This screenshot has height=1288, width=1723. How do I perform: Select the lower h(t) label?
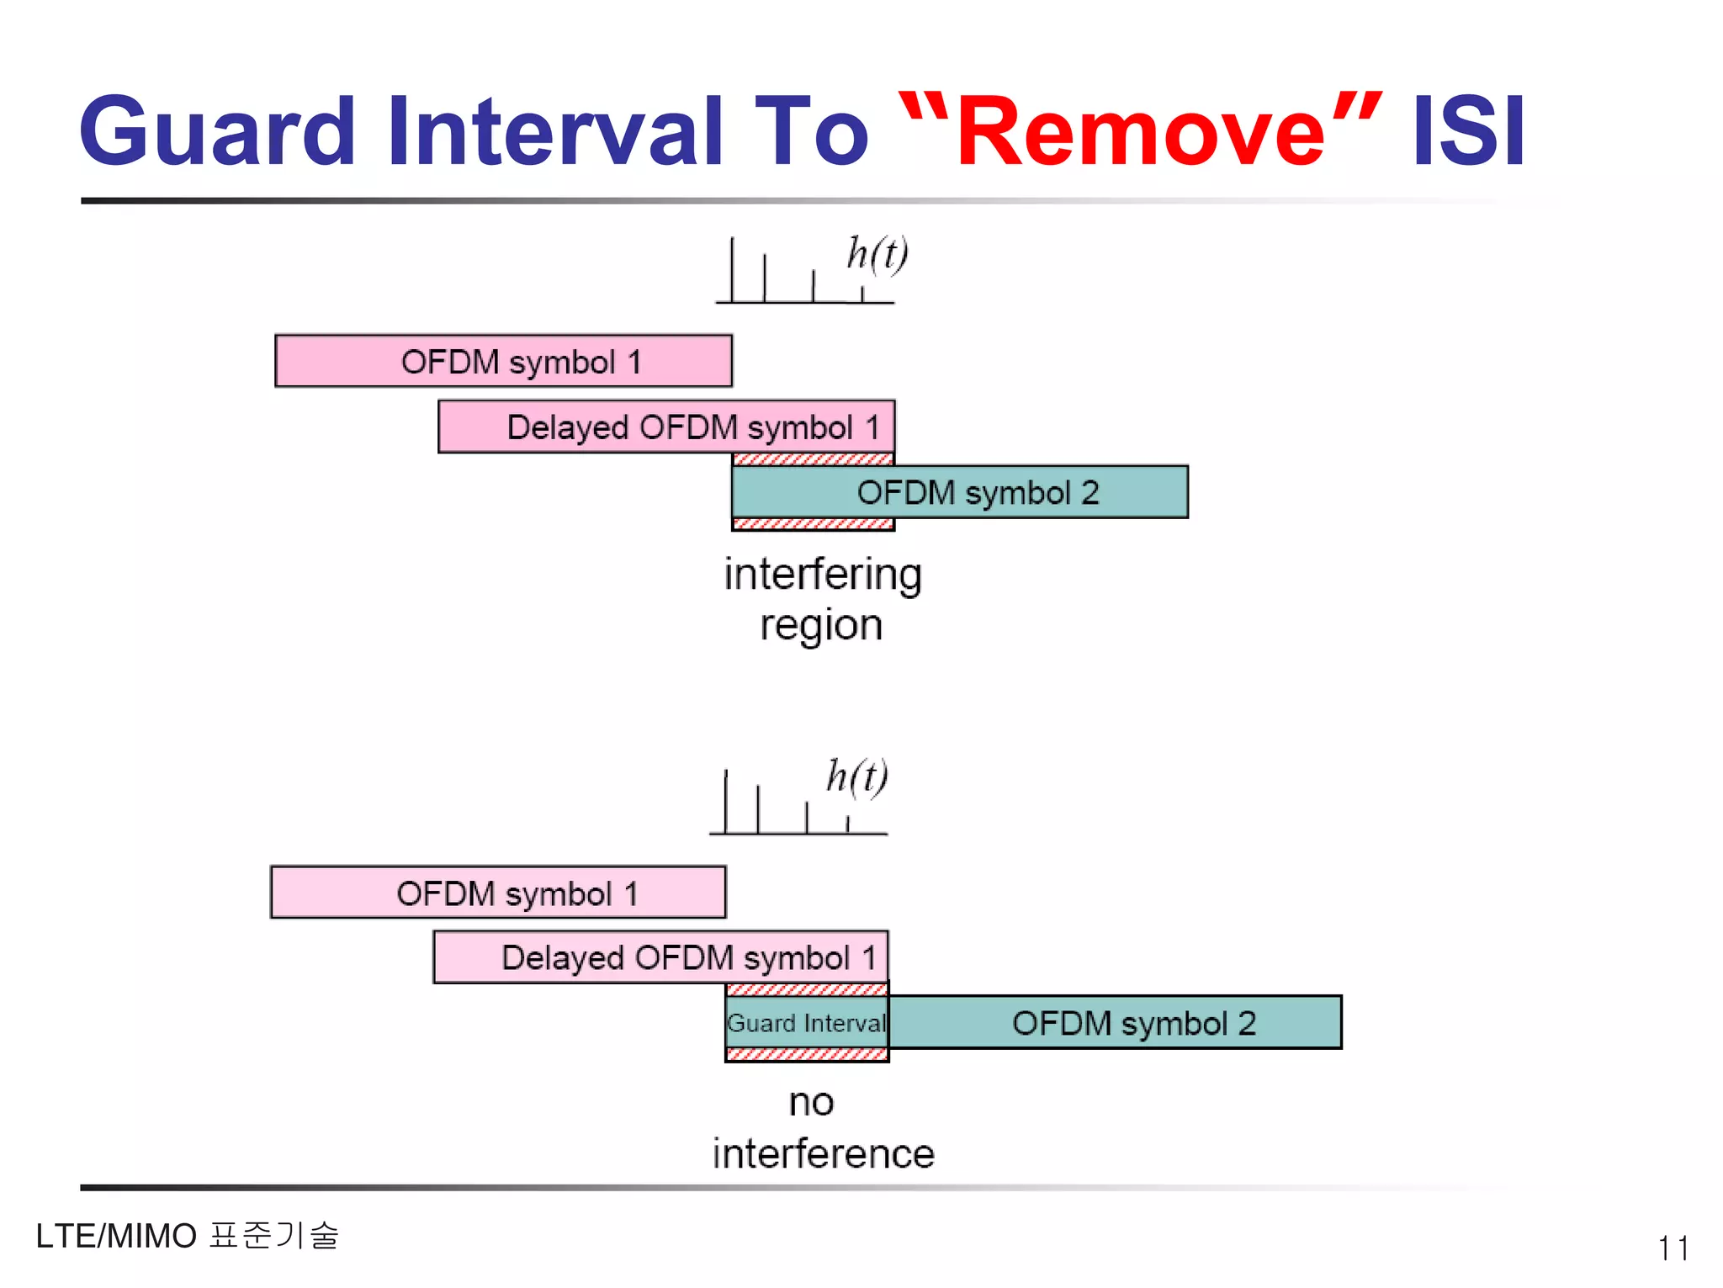856,776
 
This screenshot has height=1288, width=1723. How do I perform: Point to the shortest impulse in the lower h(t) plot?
847,824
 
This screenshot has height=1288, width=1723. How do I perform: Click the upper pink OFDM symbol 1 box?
503,362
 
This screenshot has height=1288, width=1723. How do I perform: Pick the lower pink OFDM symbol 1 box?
498,893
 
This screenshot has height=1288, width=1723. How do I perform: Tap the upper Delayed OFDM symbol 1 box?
665,427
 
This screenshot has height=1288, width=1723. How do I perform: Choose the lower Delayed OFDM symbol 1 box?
660,957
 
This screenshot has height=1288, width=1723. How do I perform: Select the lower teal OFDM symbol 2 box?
1115,1023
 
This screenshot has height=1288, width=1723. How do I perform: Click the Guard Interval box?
806,1023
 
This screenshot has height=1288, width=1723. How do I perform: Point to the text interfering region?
822,599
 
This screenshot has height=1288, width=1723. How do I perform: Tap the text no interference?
822,1128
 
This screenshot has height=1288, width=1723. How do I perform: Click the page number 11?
1673,1248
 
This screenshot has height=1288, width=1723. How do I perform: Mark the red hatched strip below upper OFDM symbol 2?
813,524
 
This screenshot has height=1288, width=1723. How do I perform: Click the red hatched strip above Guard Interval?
806,989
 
